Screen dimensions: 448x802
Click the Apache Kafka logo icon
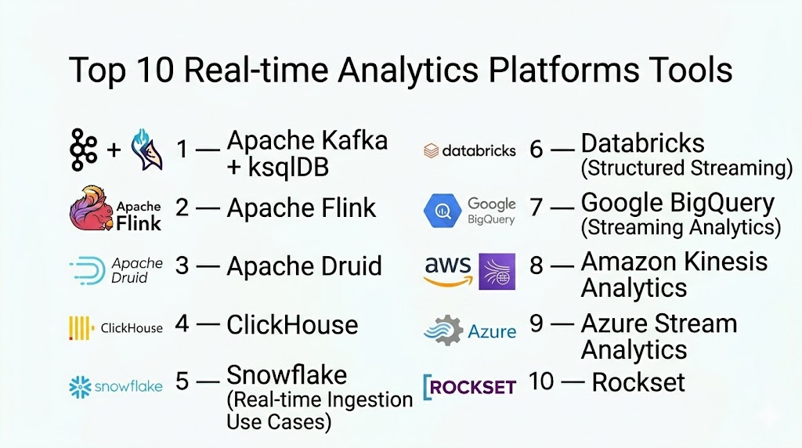pyautogui.click(x=83, y=149)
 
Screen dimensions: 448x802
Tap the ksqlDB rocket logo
pyautogui.click(x=148, y=150)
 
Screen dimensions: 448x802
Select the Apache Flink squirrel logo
pyautogui.click(x=92, y=209)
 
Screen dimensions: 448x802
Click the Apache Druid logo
pyautogui.click(x=115, y=269)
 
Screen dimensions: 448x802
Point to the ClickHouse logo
pyautogui.click(x=115, y=327)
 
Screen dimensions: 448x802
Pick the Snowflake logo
pyautogui.click(x=115, y=385)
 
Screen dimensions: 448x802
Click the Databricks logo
pyautogui.click(x=469, y=150)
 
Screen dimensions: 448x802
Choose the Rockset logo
pyautogui.click(x=469, y=386)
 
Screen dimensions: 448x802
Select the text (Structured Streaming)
pyautogui.click(x=687, y=168)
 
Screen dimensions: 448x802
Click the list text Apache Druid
pyautogui.click(x=304, y=266)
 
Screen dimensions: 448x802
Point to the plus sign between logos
pyautogui.click(x=114, y=149)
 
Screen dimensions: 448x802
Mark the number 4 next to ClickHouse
pyautogui.click(x=182, y=324)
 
